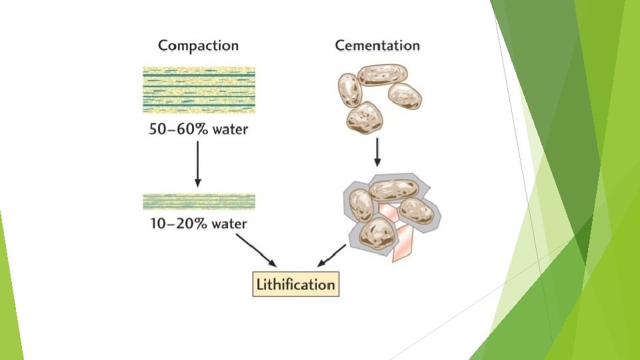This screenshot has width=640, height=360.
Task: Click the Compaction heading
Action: (198, 46)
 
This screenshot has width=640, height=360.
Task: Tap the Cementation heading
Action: (377, 46)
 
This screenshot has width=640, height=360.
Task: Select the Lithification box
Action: (295, 285)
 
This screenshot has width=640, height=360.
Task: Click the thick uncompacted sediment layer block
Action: (198, 89)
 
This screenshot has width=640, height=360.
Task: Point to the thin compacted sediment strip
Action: (198, 201)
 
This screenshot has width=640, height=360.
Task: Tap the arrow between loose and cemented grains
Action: (377, 152)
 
